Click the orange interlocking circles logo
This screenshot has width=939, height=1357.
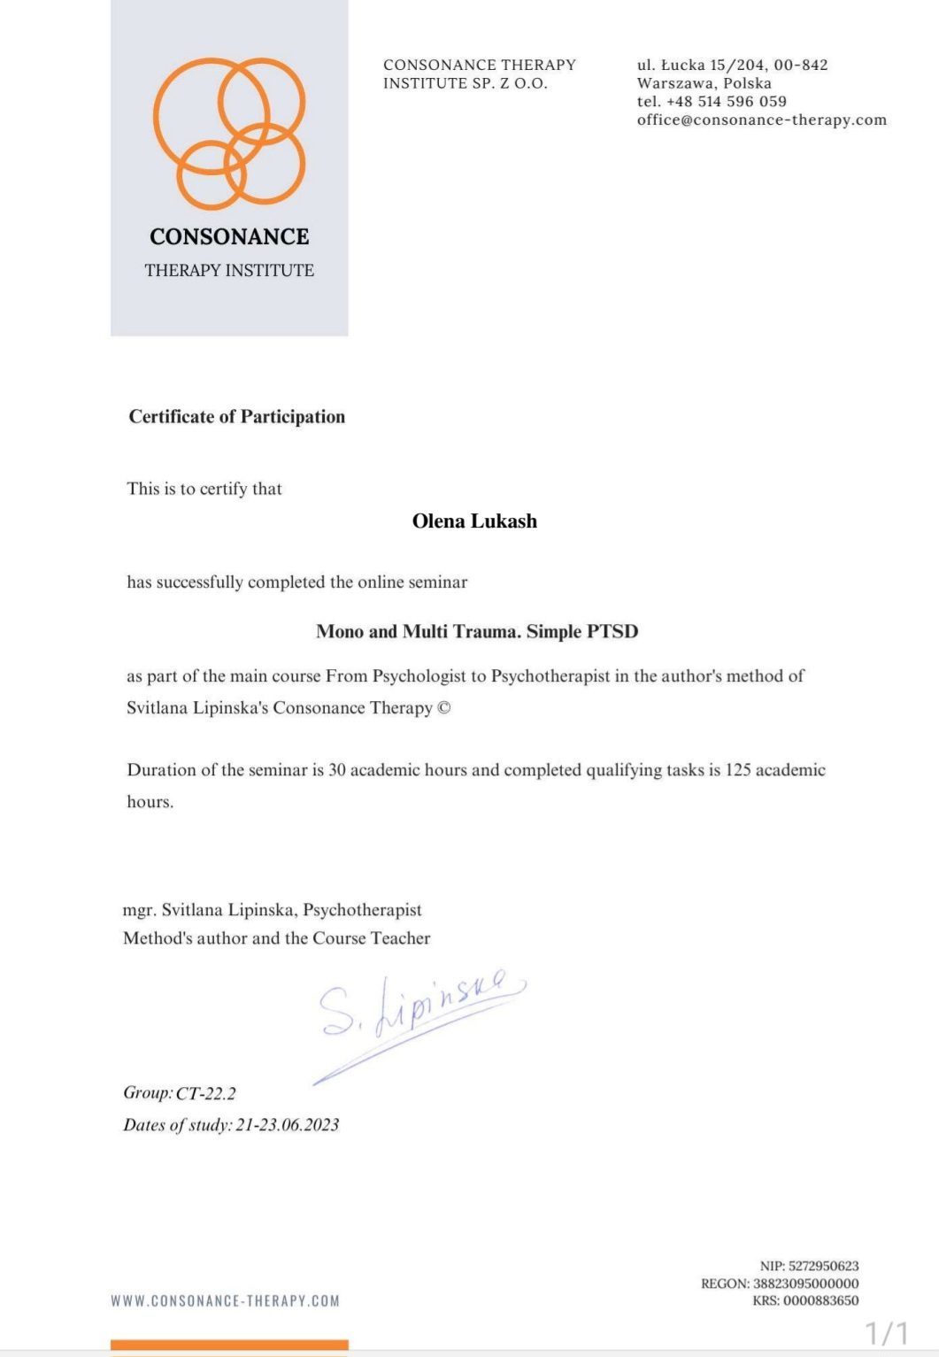229,133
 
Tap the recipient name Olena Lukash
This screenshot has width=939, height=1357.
474,521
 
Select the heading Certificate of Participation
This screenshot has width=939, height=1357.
237,417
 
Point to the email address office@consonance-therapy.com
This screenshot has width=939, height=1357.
761,120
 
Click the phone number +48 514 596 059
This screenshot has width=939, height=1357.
727,102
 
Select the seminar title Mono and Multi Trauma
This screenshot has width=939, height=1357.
477,631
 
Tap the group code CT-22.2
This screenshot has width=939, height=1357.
206,1093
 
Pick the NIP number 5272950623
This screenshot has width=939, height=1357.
823,1266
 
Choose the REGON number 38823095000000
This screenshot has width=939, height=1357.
805,1284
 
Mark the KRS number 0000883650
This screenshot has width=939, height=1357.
820,1300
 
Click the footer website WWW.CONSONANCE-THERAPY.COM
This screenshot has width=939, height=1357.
225,1301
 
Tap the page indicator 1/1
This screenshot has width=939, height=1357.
886,1333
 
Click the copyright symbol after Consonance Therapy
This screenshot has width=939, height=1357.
444,708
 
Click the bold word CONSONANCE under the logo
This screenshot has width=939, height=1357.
229,236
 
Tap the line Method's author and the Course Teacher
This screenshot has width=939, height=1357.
277,938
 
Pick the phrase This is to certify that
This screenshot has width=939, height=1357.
204,489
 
